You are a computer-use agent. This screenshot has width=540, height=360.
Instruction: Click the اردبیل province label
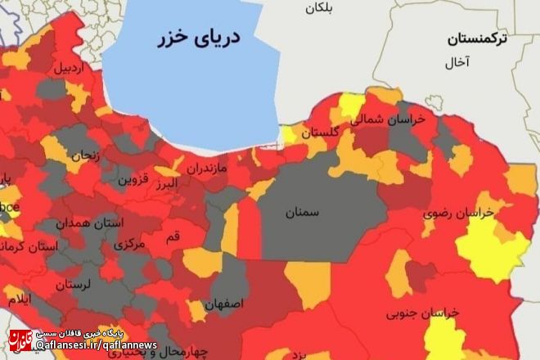tap(70, 69)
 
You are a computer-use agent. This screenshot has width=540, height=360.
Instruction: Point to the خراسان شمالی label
tap(389, 119)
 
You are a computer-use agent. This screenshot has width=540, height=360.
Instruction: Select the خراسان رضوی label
tap(458, 214)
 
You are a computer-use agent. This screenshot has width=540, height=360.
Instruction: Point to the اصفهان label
tap(225, 304)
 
